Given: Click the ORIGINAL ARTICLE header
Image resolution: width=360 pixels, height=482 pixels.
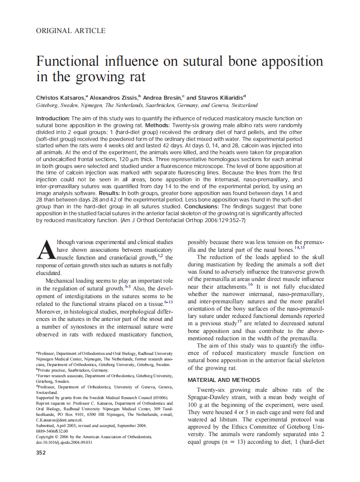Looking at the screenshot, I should coord(71,31).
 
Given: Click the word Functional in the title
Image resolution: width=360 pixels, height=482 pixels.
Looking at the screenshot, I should coord(65,61).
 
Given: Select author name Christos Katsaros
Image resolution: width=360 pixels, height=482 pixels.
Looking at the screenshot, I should coord(60,98).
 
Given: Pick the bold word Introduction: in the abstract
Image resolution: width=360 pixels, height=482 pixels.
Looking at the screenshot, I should coord(53,119).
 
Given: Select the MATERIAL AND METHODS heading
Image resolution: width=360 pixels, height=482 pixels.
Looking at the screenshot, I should coord(224,380).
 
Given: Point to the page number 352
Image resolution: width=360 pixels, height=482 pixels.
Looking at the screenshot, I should coord(41,452).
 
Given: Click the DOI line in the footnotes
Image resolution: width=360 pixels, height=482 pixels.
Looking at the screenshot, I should coord(64,442).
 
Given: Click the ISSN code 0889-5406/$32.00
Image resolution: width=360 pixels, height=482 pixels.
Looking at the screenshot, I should coord(52,431).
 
